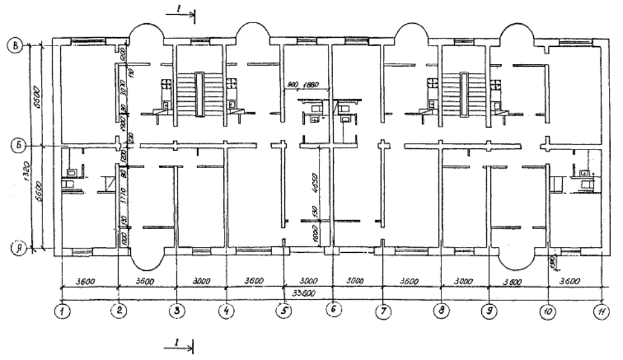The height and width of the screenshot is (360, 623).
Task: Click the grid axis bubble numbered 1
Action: pos(62,311)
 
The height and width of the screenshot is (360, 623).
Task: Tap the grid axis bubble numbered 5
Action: pos(284,311)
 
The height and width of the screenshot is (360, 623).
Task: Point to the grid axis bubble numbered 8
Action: pos(441,311)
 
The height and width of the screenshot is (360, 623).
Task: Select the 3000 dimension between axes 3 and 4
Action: pos(201,280)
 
